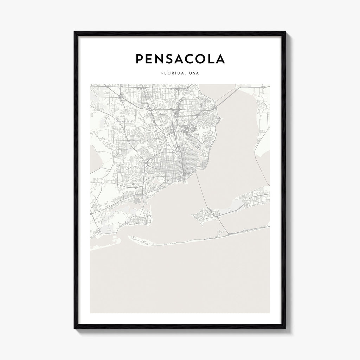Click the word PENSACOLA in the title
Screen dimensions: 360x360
coord(180,59)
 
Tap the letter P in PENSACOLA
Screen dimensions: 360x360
coord(140,59)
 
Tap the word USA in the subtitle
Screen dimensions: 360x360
coord(193,73)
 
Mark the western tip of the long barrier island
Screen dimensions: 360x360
coord(130,238)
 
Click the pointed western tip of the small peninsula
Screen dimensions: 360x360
coord(192,215)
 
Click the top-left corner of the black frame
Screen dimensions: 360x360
coord(75,32)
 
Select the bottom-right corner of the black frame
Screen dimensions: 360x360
coord(286,330)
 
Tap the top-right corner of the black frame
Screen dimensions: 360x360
coord(286,32)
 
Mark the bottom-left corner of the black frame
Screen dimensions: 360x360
coord(75,330)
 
